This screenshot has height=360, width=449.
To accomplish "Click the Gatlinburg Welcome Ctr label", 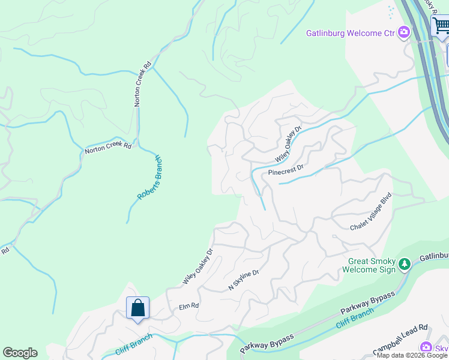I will tap(351, 33).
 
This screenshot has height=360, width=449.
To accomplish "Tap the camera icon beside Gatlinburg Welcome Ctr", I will tap(405, 32).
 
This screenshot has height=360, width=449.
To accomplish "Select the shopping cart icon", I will tap(441, 26).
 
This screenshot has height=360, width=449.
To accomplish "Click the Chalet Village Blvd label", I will tap(371, 212).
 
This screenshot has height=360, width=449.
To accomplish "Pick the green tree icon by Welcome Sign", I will tap(405, 264).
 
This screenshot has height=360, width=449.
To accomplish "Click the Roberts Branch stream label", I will tap(150, 178).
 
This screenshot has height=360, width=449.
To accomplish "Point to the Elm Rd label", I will tap(188, 307).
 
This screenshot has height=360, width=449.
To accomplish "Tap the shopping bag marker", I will tap(137, 308).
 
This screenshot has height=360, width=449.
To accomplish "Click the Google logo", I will tap(20, 353).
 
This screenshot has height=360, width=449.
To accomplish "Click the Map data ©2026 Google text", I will tap(412, 355).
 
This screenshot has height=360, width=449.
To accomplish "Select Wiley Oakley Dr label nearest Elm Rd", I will tap(197, 266).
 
